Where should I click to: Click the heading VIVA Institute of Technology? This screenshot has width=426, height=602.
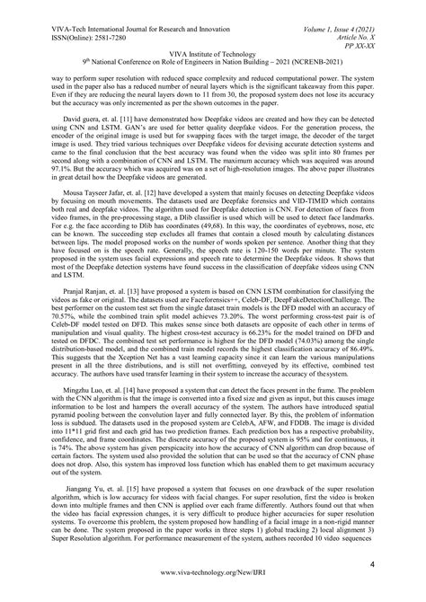(x=212, y=42)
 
